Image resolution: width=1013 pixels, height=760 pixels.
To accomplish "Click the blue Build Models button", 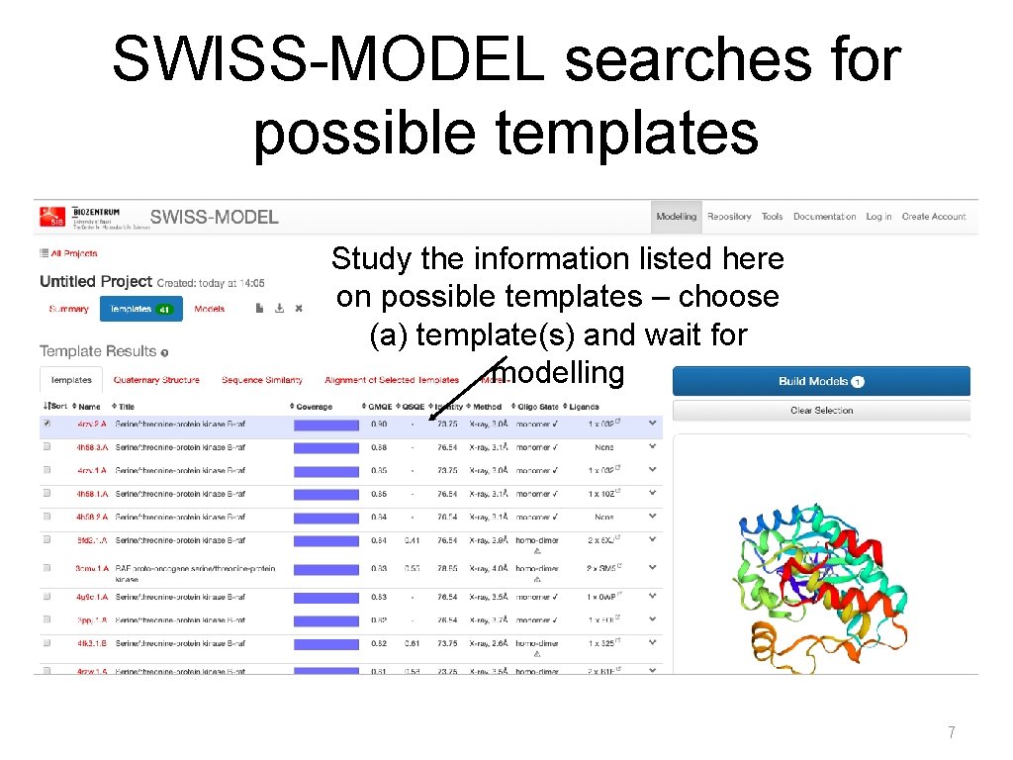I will point(821,381).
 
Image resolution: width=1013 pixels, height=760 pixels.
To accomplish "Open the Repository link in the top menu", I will point(729,217).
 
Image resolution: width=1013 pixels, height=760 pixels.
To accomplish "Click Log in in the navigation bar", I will point(878,217).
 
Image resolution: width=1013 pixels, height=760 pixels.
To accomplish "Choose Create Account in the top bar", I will point(934,217).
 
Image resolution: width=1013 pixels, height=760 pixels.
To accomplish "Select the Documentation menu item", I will point(824,217).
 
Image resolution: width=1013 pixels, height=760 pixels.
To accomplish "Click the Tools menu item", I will point(773,217).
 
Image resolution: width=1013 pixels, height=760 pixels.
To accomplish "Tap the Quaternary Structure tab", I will point(156,380).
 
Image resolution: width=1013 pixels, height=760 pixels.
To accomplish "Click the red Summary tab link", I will point(69,309).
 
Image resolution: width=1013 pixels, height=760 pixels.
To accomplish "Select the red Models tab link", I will point(209,309).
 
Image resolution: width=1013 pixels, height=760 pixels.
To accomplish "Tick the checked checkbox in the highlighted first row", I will point(46,424).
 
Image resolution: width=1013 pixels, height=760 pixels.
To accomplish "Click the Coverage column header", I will point(314,407).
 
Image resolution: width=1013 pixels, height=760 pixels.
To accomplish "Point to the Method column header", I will point(487,407).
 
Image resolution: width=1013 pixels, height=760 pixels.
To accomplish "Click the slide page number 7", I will point(952,733).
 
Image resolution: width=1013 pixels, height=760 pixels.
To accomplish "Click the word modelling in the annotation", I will point(559,373).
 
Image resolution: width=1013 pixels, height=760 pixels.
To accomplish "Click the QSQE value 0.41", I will point(412,540).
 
